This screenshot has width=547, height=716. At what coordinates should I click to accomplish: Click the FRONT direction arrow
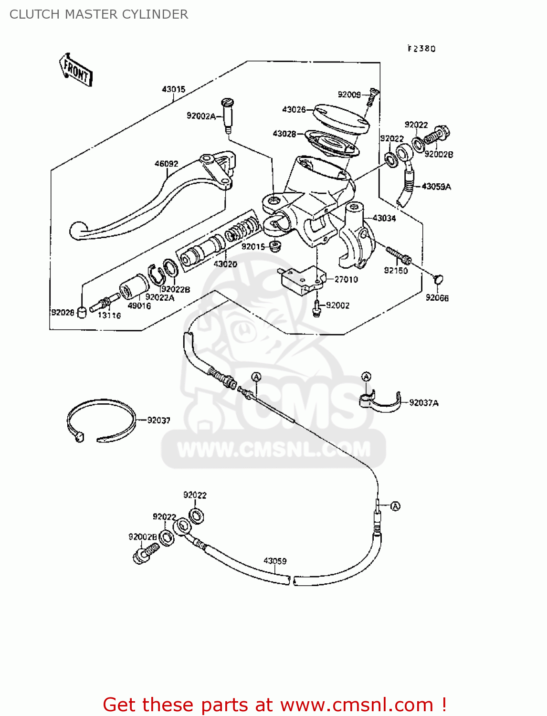[x=75, y=70]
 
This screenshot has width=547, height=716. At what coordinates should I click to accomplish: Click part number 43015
[x=173, y=89]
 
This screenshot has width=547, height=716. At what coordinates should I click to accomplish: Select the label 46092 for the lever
[x=166, y=164]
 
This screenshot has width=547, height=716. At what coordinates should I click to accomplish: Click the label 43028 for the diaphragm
[x=284, y=134]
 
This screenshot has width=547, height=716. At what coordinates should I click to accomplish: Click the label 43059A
[x=436, y=187]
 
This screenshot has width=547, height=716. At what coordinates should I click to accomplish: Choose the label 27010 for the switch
[x=346, y=279]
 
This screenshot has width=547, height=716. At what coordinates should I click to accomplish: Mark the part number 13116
[x=109, y=316]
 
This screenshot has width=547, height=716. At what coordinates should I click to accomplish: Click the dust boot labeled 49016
[x=134, y=286]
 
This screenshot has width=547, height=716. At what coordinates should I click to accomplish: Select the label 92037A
[x=423, y=403]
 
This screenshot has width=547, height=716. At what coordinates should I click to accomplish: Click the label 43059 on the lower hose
[x=275, y=561]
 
